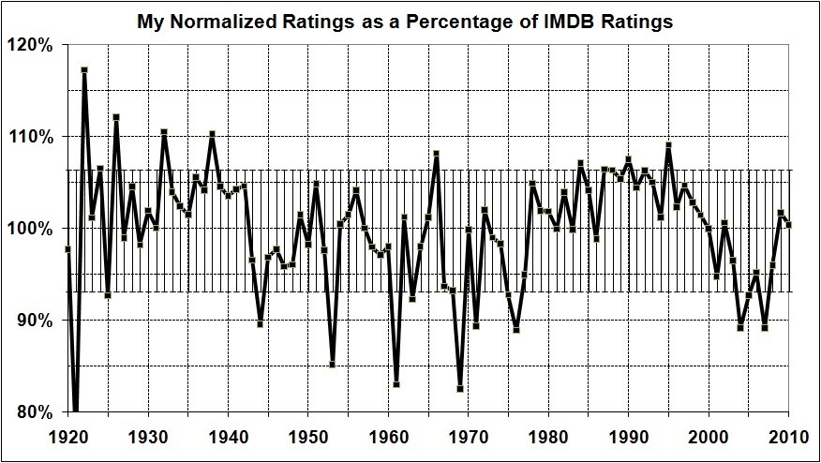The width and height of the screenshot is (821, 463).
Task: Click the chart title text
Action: pyautogui.click(x=404, y=22)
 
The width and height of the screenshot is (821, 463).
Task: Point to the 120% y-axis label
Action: pyautogui.click(x=36, y=45)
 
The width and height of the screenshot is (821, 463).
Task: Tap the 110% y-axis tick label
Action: pyautogui.click(x=36, y=137)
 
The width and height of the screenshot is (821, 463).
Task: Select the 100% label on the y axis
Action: pyautogui.click(x=36, y=229)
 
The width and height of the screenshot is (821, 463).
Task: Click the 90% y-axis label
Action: pyautogui.click(x=37, y=321)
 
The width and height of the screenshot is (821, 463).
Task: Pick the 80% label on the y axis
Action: pyautogui.click(x=37, y=412)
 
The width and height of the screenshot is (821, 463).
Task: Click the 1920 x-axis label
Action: pyautogui.click(x=67, y=438)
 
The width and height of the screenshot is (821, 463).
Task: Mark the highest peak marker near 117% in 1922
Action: pyautogui.click(x=84, y=70)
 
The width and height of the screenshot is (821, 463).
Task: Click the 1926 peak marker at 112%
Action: pyautogui.click(x=116, y=117)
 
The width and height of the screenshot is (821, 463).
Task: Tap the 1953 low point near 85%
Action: pyautogui.click(x=333, y=365)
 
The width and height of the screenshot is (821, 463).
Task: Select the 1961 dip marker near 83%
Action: pyautogui.click(x=396, y=384)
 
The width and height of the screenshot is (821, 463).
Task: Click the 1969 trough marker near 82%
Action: pyautogui.click(x=460, y=389)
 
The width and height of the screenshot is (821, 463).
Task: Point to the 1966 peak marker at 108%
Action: pyautogui.click(x=437, y=154)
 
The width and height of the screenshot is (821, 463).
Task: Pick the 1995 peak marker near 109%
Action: pyautogui.click(x=668, y=145)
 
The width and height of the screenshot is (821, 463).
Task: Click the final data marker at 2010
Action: pyautogui.click(x=789, y=225)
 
